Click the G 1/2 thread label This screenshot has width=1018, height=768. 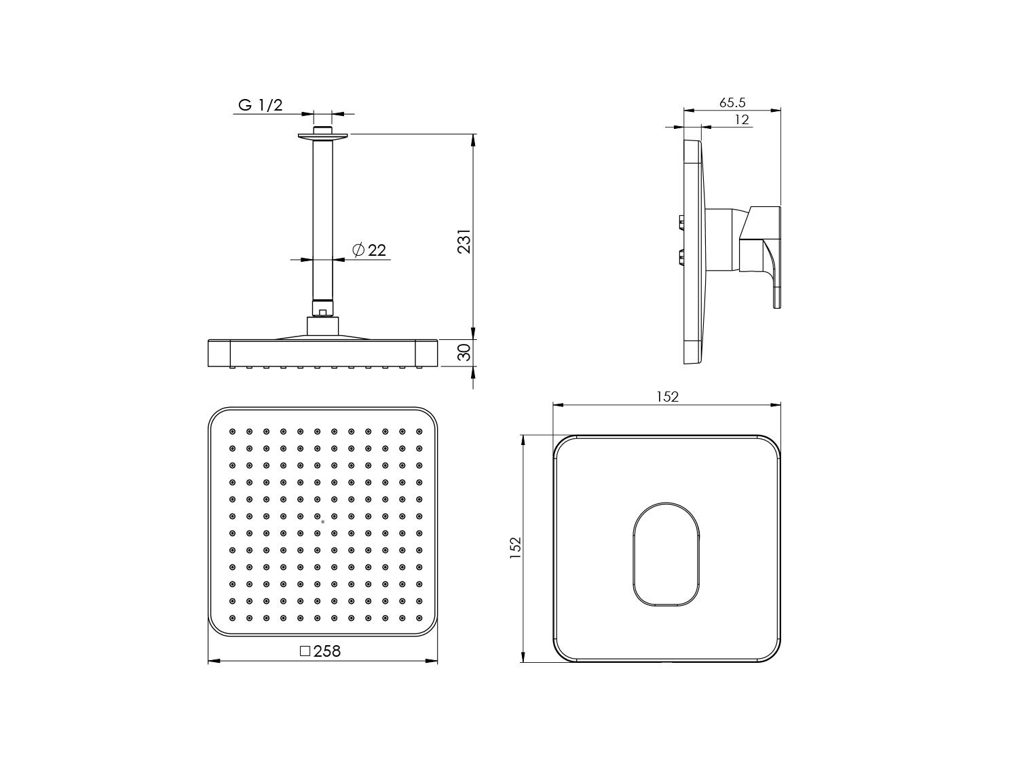click(260, 105)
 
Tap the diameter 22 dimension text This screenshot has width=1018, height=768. click(369, 250)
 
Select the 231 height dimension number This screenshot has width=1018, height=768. click(464, 241)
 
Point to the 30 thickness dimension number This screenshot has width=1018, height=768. click(464, 352)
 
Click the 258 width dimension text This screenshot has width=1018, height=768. click(327, 652)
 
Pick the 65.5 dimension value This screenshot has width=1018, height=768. click(732, 102)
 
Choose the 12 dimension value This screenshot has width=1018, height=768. click(742, 119)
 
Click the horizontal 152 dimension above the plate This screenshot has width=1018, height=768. click(667, 397)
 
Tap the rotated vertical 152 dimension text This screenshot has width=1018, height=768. click(516, 548)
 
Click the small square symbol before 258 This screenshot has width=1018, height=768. click(305, 651)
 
